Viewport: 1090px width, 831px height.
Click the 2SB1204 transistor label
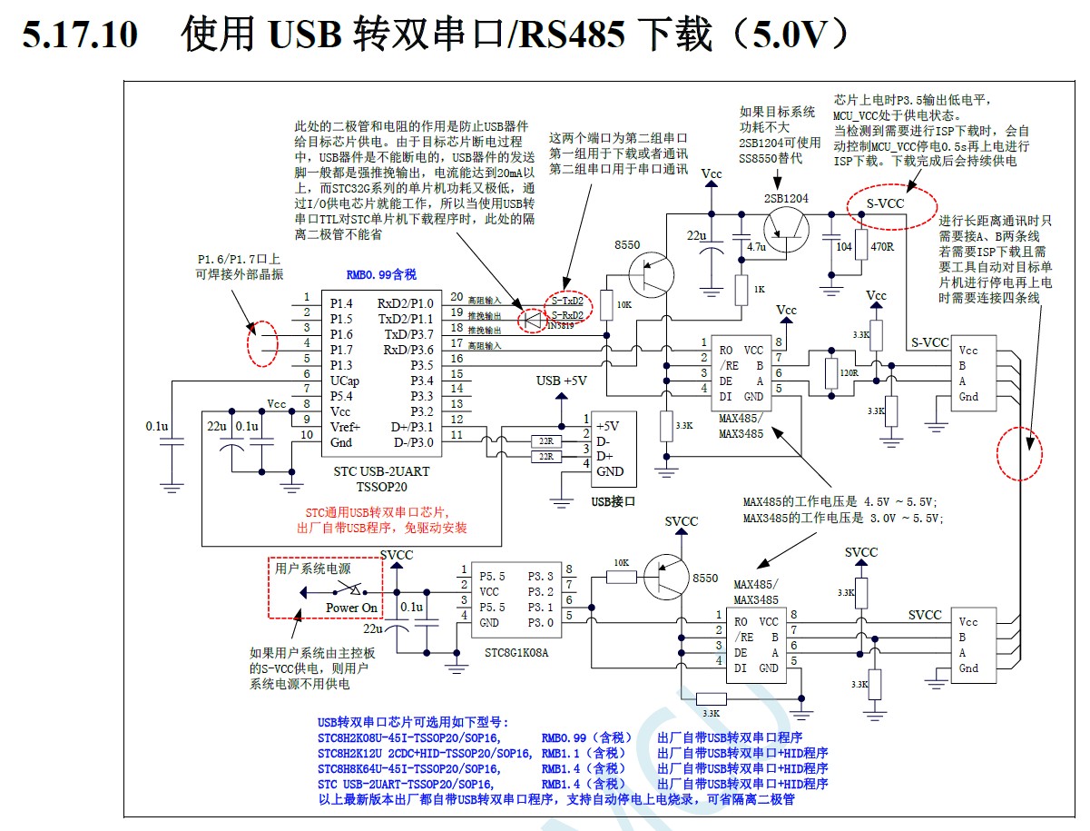click(x=786, y=198)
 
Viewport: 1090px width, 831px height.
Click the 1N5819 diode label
click(x=561, y=325)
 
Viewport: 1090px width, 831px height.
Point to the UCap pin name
click(x=345, y=381)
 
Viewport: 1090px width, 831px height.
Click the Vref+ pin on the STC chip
click(x=345, y=427)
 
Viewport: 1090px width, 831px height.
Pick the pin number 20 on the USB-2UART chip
click(x=456, y=297)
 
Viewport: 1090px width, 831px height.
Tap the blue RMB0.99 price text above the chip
click(x=381, y=274)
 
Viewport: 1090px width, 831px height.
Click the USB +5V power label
click(x=562, y=381)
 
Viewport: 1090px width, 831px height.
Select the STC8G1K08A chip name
click(x=516, y=653)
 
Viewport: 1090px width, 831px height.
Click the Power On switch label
click(x=351, y=608)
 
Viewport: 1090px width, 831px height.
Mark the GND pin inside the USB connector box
click(x=610, y=471)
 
